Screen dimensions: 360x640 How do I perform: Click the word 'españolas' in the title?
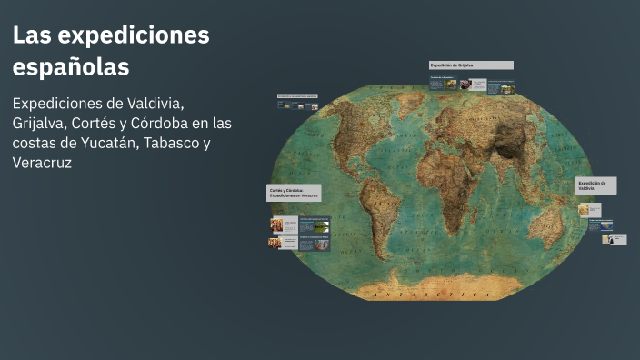pos(71,67)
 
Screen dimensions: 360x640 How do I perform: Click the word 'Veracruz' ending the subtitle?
pos(42,164)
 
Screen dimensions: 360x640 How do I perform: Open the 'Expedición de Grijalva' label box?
pos(471,65)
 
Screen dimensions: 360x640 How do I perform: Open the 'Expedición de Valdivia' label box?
pos(595,185)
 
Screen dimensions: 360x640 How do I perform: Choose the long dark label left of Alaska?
pos(297,95)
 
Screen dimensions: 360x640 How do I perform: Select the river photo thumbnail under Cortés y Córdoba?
pos(317,225)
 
